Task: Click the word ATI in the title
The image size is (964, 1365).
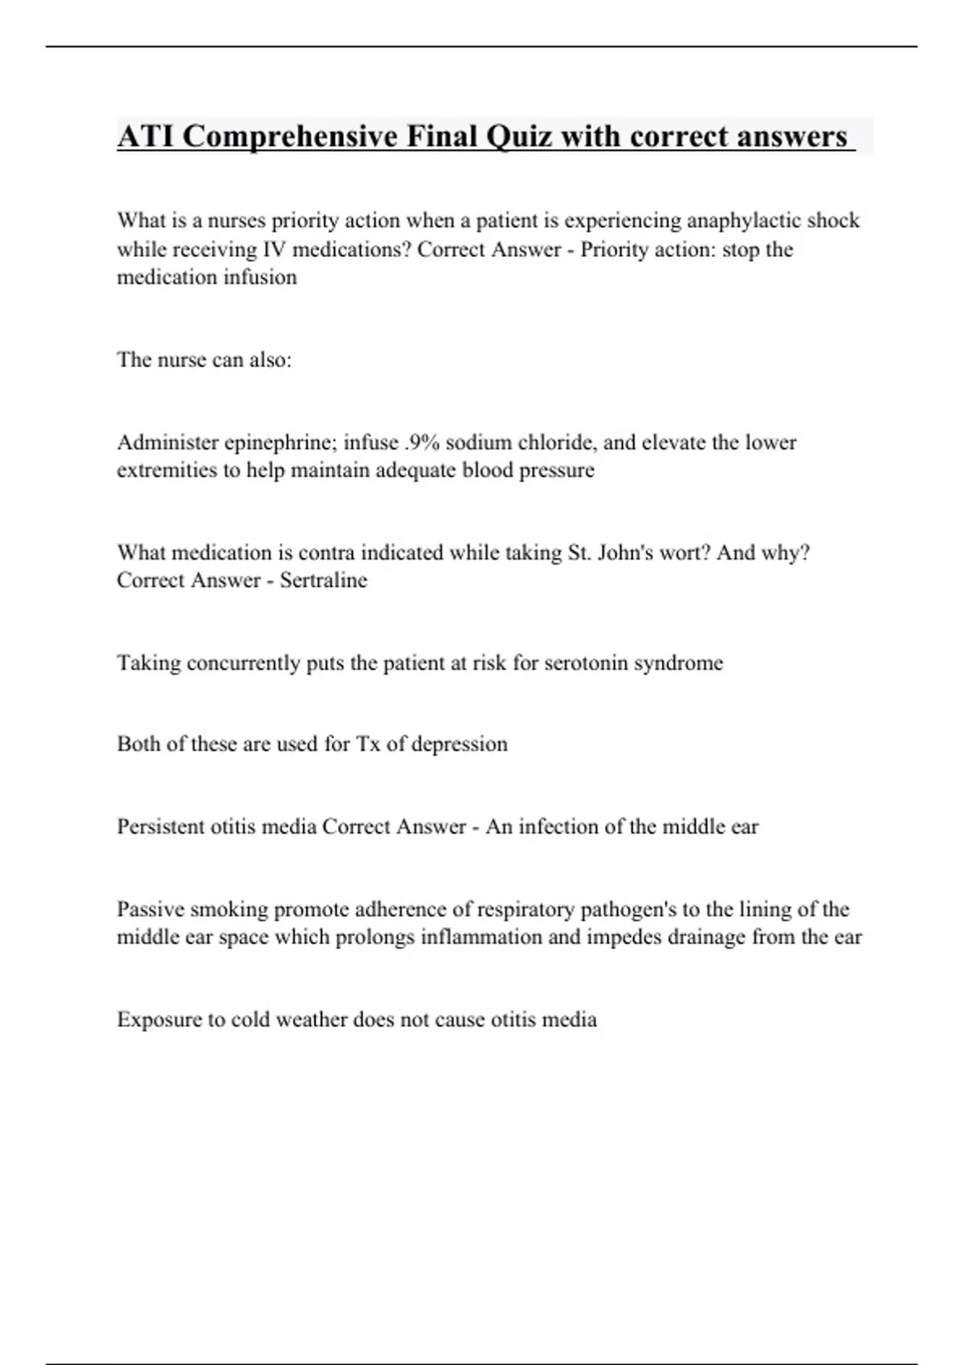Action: [x=145, y=136]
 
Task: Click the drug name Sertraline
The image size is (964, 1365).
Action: [x=323, y=581]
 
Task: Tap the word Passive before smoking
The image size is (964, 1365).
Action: [x=149, y=910]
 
